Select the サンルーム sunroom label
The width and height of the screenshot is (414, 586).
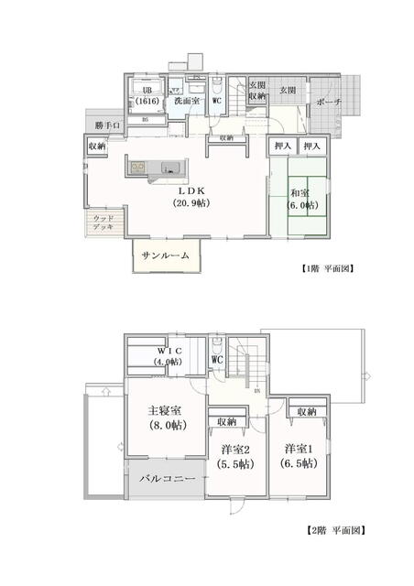tap(165, 256)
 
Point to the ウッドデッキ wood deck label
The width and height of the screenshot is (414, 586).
tap(103, 222)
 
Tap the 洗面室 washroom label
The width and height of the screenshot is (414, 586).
tap(188, 101)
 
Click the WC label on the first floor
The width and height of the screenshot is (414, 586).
tap(217, 101)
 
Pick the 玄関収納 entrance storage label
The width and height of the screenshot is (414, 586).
tap(256, 91)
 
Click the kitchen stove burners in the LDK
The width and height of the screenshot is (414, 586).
tap(138, 167)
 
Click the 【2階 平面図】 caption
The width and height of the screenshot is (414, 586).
tap(334, 530)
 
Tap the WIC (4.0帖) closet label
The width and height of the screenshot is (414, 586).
tap(169, 356)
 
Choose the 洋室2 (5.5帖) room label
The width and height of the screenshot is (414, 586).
tap(235, 456)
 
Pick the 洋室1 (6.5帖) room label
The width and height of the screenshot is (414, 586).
tap(299, 455)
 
